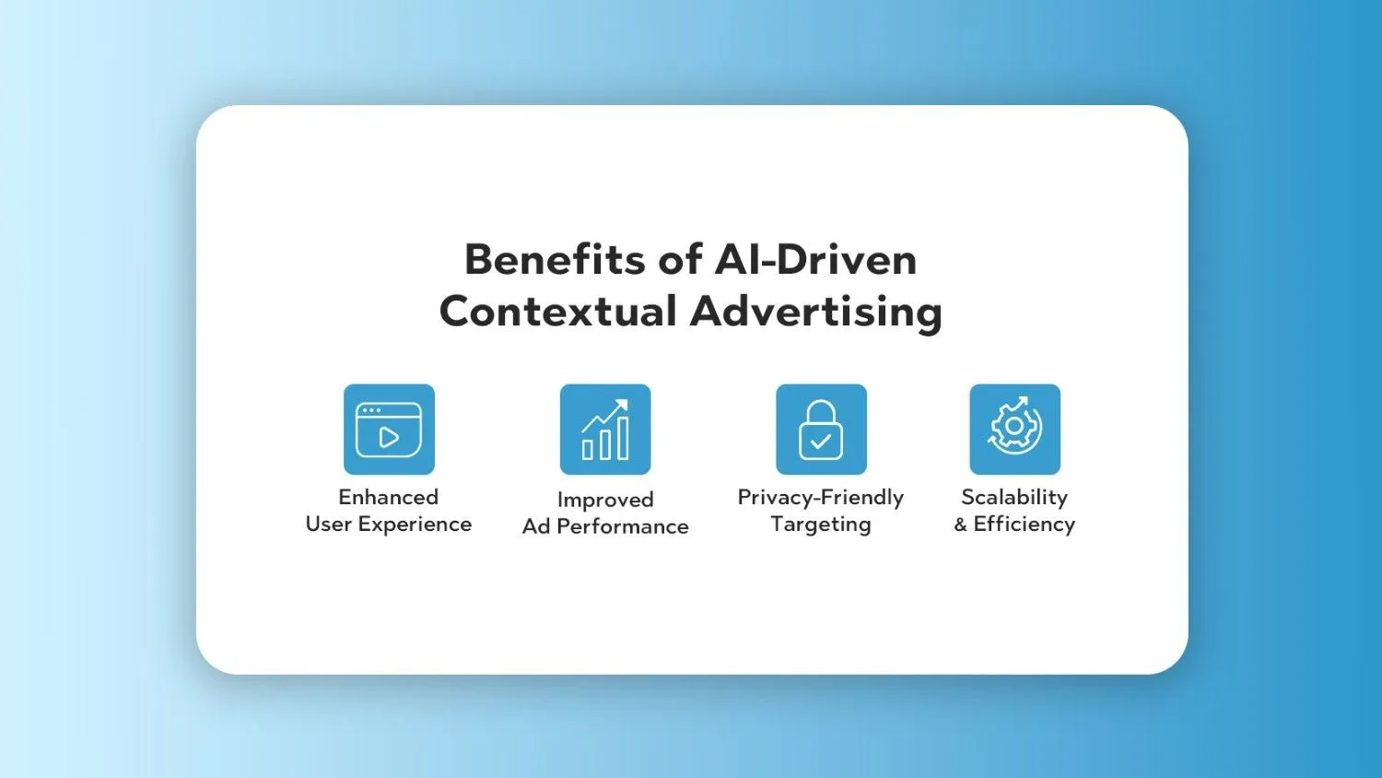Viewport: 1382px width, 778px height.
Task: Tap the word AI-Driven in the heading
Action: point(815,259)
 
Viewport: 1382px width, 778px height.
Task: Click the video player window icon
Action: point(390,430)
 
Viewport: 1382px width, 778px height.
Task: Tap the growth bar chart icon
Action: point(605,430)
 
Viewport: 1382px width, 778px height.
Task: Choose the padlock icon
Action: point(821,430)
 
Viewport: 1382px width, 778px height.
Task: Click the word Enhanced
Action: point(389,497)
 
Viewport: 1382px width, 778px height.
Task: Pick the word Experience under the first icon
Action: point(415,525)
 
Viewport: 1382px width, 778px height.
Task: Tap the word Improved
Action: point(605,500)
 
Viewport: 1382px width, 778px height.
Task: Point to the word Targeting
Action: point(821,525)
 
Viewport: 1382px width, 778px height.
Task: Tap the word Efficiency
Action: point(1025,525)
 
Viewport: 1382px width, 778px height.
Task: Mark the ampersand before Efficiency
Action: point(961,525)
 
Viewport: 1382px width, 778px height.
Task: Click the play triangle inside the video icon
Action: point(388,438)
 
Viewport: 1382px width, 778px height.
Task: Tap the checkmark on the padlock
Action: point(821,441)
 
